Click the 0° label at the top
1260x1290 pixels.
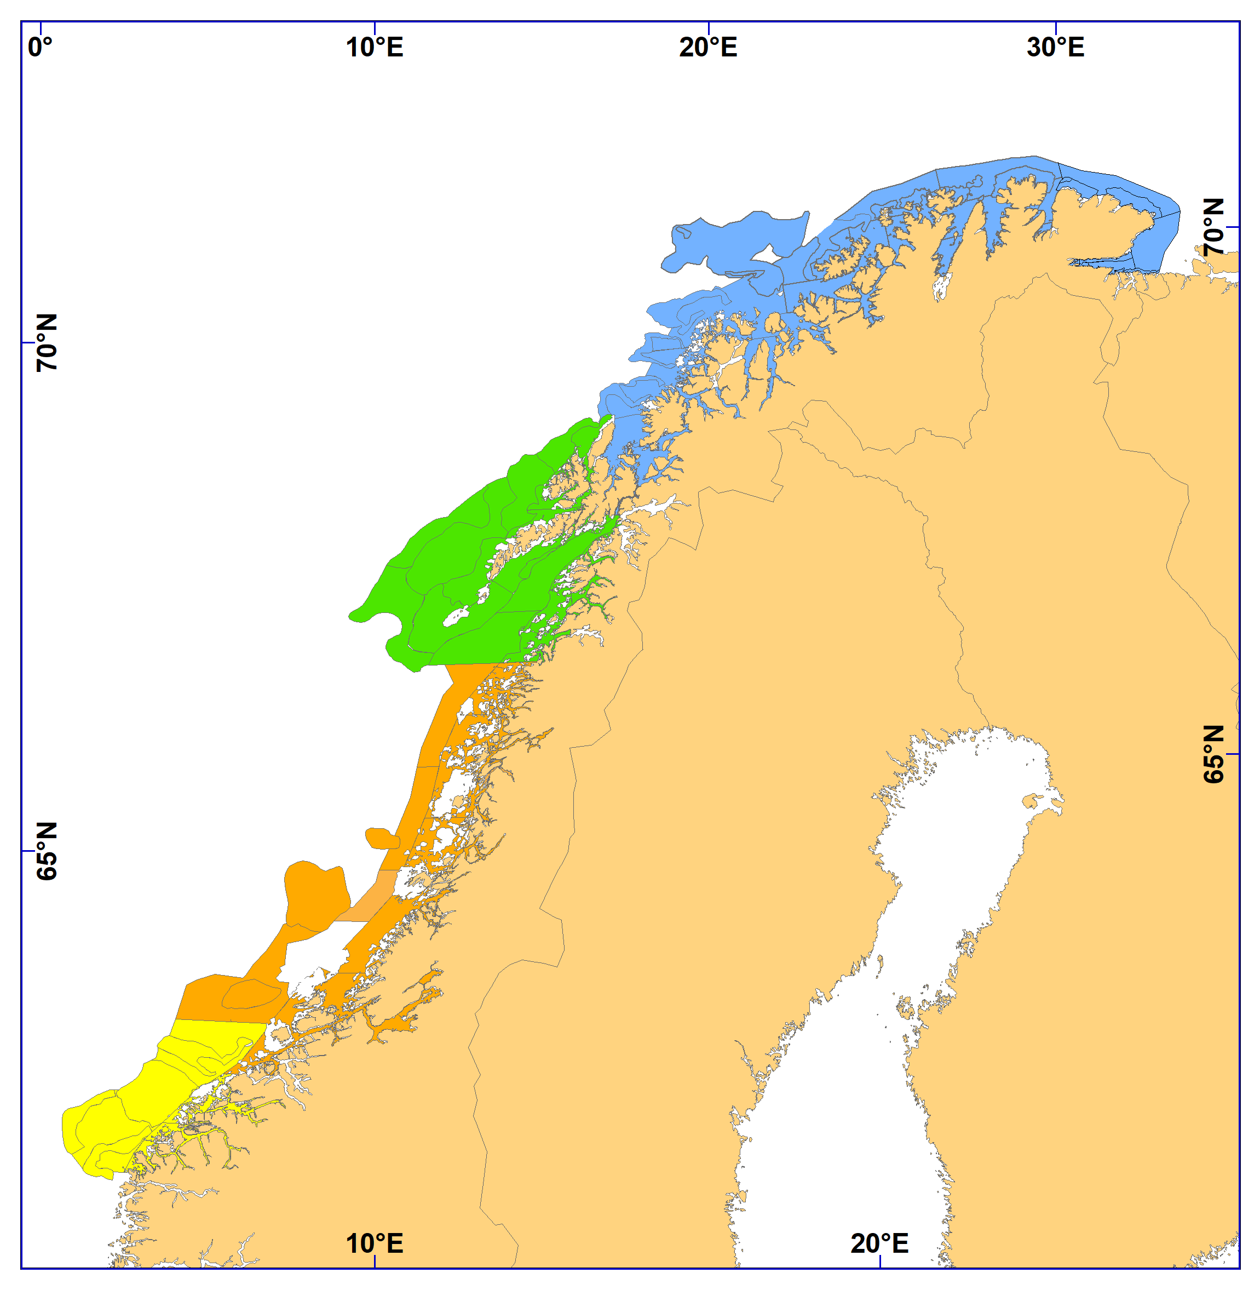[40, 48]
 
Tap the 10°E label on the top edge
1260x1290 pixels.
[375, 48]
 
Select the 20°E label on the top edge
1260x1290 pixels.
[708, 48]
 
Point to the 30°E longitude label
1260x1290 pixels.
[1056, 48]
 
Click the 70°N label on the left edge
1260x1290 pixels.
[47, 342]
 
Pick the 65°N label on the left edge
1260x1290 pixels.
[47, 851]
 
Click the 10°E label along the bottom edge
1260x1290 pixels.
[375, 1243]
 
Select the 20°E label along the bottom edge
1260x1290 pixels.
[879, 1243]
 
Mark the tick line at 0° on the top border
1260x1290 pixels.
[41, 28]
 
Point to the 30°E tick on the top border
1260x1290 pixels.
[1056, 28]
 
